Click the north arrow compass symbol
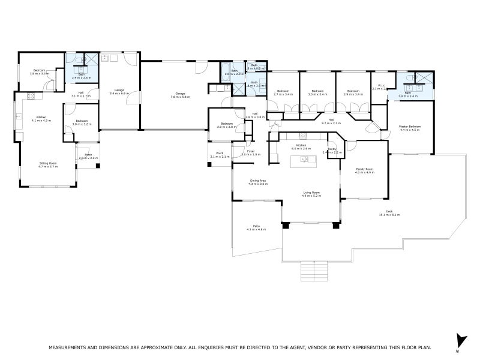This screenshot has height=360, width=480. [x=460, y=340]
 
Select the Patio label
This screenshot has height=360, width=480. [x=256, y=227]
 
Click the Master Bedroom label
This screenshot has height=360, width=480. [x=410, y=127]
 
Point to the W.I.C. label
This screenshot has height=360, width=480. [x=379, y=86]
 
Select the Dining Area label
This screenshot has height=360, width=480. [x=258, y=181]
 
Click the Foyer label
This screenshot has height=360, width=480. [x=251, y=151]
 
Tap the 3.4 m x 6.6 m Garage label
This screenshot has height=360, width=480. [x=120, y=91]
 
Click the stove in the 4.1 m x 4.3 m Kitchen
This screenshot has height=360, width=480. [x=31, y=97]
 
